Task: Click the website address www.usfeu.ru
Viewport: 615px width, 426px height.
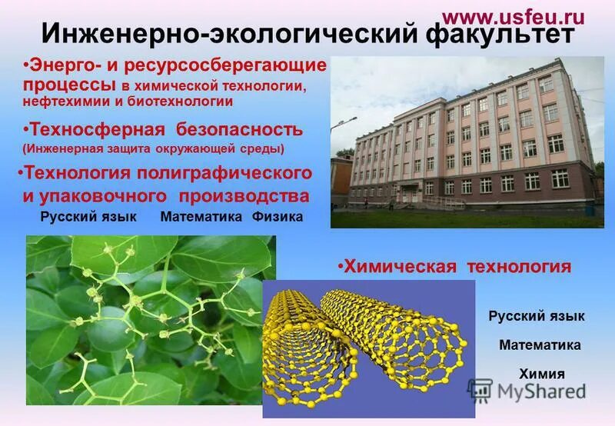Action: [x=514, y=17]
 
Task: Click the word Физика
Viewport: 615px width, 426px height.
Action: [x=278, y=218]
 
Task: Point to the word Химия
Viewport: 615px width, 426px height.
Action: [x=542, y=374]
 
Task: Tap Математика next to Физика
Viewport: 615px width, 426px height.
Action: [x=203, y=218]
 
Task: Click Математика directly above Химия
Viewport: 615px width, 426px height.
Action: [x=540, y=345]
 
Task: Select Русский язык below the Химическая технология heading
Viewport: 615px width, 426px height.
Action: [x=537, y=316]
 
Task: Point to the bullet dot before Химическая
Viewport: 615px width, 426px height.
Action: [x=340, y=267]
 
